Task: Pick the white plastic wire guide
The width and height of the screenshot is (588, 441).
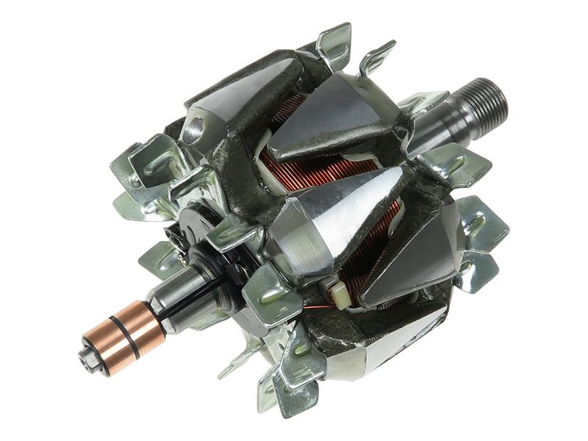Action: point(340,295)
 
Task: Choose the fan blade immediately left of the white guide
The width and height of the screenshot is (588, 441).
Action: point(269,294)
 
